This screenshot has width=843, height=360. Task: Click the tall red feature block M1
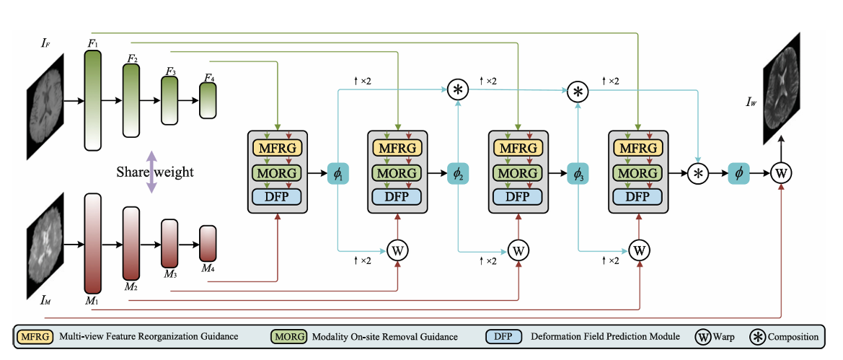tap(92, 243)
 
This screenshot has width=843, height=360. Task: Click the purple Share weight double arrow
tap(151, 172)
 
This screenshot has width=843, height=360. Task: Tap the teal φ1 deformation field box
tap(337, 173)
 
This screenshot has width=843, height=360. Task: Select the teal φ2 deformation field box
tap(458, 173)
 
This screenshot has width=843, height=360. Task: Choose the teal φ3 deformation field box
tap(578, 173)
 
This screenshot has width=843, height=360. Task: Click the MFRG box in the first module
tap(277, 149)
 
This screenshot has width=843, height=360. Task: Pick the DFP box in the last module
tap(639, 197)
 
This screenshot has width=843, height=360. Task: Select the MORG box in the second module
tap(397, 173)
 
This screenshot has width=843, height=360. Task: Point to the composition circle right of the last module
tap(698, 173)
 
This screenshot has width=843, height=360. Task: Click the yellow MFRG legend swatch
tap(31, 336)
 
